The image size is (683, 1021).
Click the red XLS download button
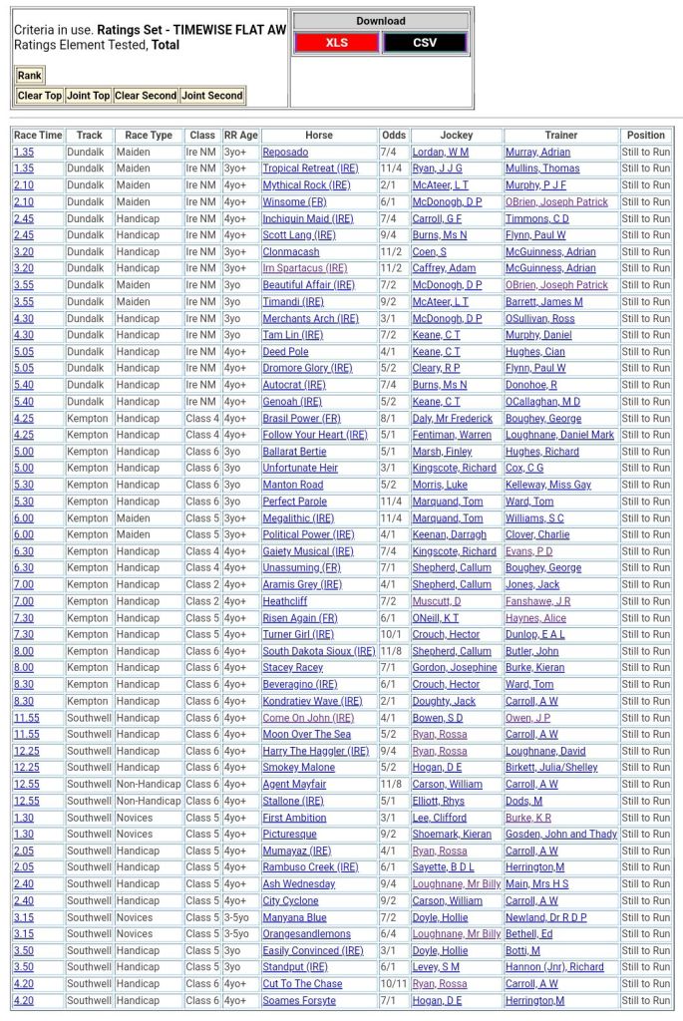click(337, 43)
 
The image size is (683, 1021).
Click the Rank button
click(30, 76)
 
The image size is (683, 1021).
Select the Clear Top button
click(40, 96)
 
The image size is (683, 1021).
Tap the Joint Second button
click(211, 96)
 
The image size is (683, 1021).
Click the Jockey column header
click(456, 135)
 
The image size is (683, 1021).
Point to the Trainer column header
click(561, 135)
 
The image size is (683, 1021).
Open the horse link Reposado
click(286, 152)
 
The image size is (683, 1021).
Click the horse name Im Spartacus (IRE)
click(305, 268)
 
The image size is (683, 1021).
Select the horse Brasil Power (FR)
click(301, 419)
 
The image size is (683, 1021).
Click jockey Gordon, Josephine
click(454, 668)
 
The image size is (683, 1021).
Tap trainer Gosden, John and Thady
click(561, 835)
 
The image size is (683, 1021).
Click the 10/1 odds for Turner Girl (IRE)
click(394, 635)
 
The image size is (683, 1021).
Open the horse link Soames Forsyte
click(299, 1001)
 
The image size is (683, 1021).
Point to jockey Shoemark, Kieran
click(452, 835)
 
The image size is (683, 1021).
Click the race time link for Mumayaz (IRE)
click(23, 851)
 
